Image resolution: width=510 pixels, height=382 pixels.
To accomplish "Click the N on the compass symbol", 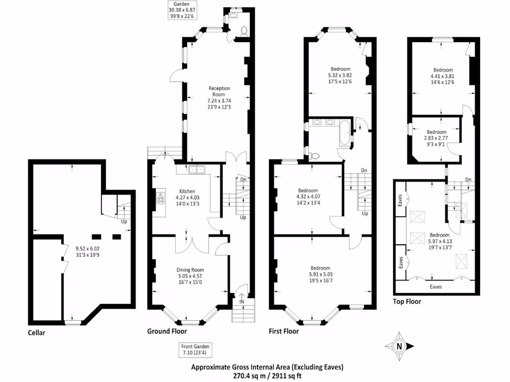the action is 399,346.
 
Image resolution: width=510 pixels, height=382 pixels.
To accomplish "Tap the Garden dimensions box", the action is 182,10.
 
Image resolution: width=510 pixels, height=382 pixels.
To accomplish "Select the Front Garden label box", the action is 195,350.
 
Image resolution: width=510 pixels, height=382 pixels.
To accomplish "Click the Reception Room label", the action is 219,92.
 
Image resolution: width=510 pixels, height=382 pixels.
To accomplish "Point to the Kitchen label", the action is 187,191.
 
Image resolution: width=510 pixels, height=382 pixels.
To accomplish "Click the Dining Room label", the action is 190,270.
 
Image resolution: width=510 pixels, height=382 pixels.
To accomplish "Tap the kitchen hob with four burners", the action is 161,198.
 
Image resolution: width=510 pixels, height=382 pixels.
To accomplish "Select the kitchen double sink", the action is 196,169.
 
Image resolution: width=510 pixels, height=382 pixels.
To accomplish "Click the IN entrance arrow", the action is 242,299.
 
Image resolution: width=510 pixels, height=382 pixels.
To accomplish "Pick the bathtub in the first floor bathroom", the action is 345,133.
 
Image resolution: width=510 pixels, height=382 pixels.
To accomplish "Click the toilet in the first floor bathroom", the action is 314,156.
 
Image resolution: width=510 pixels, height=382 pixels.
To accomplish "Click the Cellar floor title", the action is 36,333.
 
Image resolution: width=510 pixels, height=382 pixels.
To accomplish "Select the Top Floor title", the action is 407,301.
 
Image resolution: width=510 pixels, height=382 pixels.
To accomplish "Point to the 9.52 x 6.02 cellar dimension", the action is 88,249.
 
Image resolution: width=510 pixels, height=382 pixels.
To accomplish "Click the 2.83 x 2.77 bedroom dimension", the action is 436,138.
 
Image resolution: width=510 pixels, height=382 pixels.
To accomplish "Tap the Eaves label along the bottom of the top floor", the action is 435,287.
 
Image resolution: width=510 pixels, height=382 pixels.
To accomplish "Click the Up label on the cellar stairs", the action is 124,221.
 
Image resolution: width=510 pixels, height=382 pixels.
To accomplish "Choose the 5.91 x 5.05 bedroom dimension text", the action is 321,274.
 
